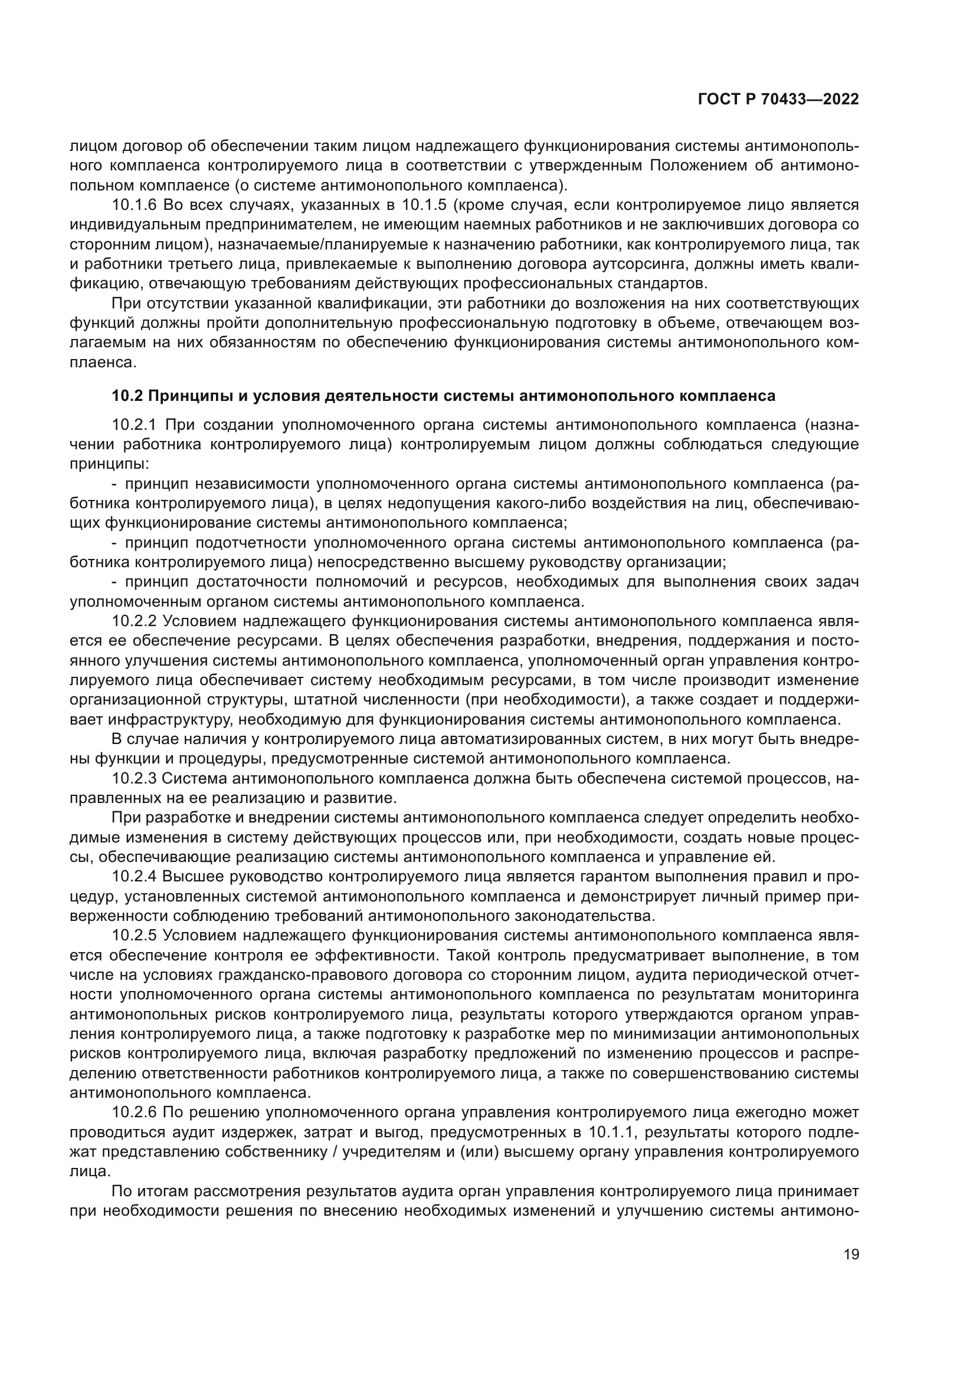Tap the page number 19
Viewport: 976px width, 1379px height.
coord(851,1254)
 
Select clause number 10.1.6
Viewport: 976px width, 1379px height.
coord(133,205)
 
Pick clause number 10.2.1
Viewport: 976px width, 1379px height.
coord(133,424)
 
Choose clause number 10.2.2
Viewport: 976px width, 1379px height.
coord(133,620)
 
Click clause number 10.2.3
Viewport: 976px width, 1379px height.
coord(133,778)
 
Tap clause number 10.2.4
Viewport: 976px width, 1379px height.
coord(133,877)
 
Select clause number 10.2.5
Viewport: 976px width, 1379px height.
coord(133,936)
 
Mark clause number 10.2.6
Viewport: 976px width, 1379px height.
coord(133,1113)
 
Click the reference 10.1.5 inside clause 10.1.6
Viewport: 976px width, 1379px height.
coord(424,205)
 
